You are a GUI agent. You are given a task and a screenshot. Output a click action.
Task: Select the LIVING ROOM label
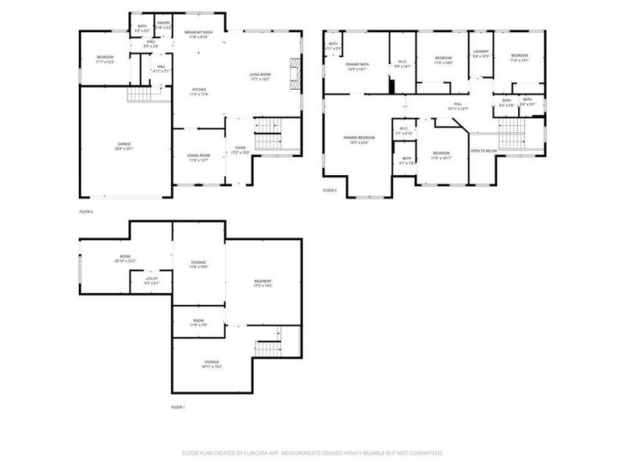(260, 76)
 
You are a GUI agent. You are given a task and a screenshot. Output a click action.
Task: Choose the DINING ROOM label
(198, 157)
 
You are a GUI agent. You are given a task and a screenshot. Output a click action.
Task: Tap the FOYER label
(240, 150)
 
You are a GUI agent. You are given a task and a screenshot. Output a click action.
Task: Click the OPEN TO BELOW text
(484, 150)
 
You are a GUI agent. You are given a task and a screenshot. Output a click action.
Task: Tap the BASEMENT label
(262, 283)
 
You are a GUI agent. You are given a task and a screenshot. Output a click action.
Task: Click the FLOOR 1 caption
(178, 407)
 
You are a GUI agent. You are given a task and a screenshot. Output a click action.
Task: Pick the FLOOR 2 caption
(86, 212)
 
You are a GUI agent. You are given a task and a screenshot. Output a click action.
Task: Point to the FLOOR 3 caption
(330, 190)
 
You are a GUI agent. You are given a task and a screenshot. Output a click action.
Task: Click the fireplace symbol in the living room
(295, 75)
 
